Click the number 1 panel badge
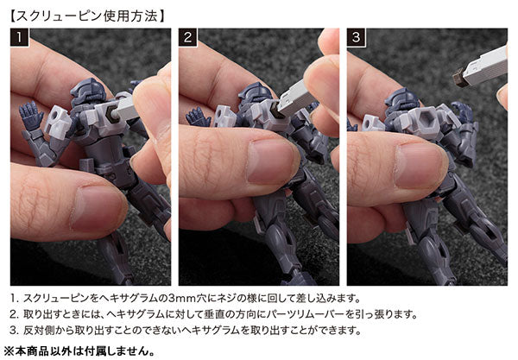pyautogui.click(x=20, y=37)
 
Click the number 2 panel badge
pyautogui.click(x=187, y=37)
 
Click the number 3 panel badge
pyautogui.click(x=356, y=37)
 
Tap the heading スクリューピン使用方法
pyautogui.click(x=87, y=16)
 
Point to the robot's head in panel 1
pyautogui.click(x=87, y=90)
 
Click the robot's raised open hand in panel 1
pyautogui.click(x=31, y=114)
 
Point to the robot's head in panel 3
pyautogui.click(x=402, y=99)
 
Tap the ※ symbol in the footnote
pyautogui.click(x=9, y=351)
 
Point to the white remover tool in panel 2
pyautogui.click(x=295, y=98)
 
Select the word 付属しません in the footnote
pyautogui.click(x=120, y=351)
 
